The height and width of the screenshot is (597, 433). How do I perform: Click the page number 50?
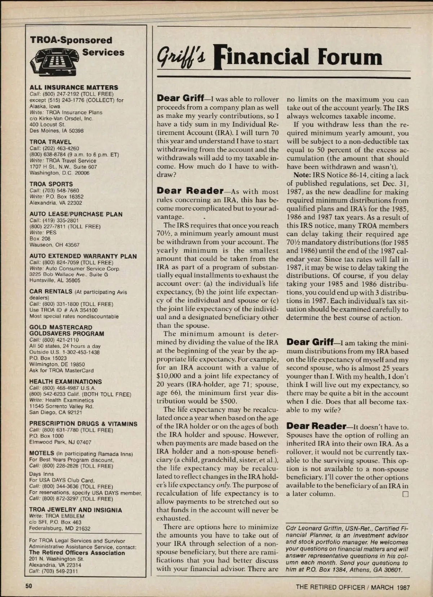click(x=29, y=586)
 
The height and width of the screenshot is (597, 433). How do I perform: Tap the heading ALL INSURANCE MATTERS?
click(x=74, y=87)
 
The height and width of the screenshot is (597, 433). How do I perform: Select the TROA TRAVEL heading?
click(x=51, y=142)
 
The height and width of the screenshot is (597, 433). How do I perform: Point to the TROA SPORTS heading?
click(x=51, y=184)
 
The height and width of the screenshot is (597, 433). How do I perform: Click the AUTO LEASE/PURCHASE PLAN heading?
click(x=76, y=214)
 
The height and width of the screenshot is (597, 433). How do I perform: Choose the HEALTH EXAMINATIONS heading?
click(x=65, y=382)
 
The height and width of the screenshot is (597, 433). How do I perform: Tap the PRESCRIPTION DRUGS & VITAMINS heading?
click(x=83, y=424)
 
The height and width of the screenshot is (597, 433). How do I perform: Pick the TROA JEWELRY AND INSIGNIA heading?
click(x=76, y=510)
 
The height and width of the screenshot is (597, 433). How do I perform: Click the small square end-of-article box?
click(x=405, y=494)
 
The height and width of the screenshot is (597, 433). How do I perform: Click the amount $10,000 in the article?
click(x=170, y=376)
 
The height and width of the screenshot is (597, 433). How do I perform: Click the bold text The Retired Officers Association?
click(x=77, y=553)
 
